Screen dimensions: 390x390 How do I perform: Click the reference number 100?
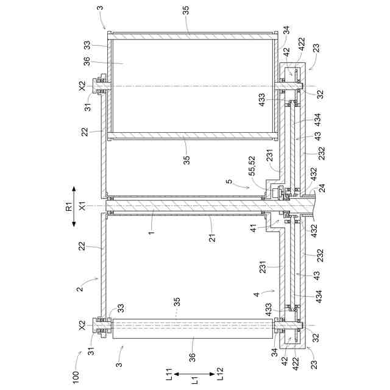pos(76,377)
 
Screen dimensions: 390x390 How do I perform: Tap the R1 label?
pos(69,206)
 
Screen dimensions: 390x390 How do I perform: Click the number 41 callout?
pos(253,228)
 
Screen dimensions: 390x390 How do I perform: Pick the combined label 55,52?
pos(252,166)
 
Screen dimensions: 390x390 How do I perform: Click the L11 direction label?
pos(169,374)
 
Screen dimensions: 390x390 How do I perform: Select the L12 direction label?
pos(221,374)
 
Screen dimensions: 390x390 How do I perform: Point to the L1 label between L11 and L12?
pos(196,380)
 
